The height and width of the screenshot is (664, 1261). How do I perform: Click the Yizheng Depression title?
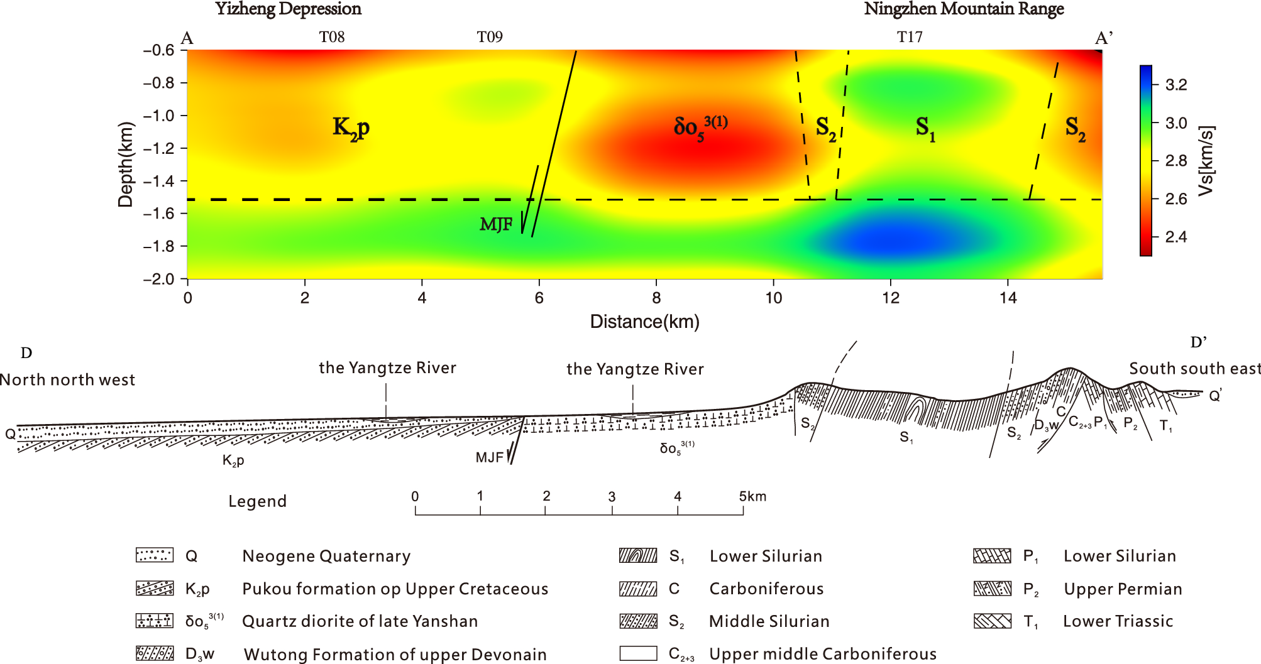click(x=288, y=9)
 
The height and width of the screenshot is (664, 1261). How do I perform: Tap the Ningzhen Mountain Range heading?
click(x=964, y=9)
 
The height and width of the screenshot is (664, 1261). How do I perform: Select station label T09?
click(x=490, y=37)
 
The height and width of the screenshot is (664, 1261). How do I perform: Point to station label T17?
click(x=910, y=37)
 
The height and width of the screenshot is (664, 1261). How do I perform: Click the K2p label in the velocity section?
click(x=351, y=128)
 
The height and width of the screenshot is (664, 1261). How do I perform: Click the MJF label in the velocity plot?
click(x=496, y=224)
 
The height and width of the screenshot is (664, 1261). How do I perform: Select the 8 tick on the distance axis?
click(x=656, y=298)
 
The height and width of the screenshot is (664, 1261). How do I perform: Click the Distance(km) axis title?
click(x=644, y=322)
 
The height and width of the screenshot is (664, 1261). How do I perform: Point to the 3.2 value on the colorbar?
click(x=1176, y=85)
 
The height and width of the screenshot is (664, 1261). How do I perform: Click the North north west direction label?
click(x=67, y=380)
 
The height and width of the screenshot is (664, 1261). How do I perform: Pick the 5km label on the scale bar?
click(x=752, y=496)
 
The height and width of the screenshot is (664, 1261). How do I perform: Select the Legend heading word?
click(x=257, y=501)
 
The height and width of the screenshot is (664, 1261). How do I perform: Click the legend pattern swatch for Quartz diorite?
click(x=155, y=621)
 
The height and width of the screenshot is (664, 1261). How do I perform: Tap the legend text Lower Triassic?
click(x=1118, y=621)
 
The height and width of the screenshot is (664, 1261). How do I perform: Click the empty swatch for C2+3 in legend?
click(x=638, y=653)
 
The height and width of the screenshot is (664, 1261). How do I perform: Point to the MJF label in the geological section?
click(x=489, y=457)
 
